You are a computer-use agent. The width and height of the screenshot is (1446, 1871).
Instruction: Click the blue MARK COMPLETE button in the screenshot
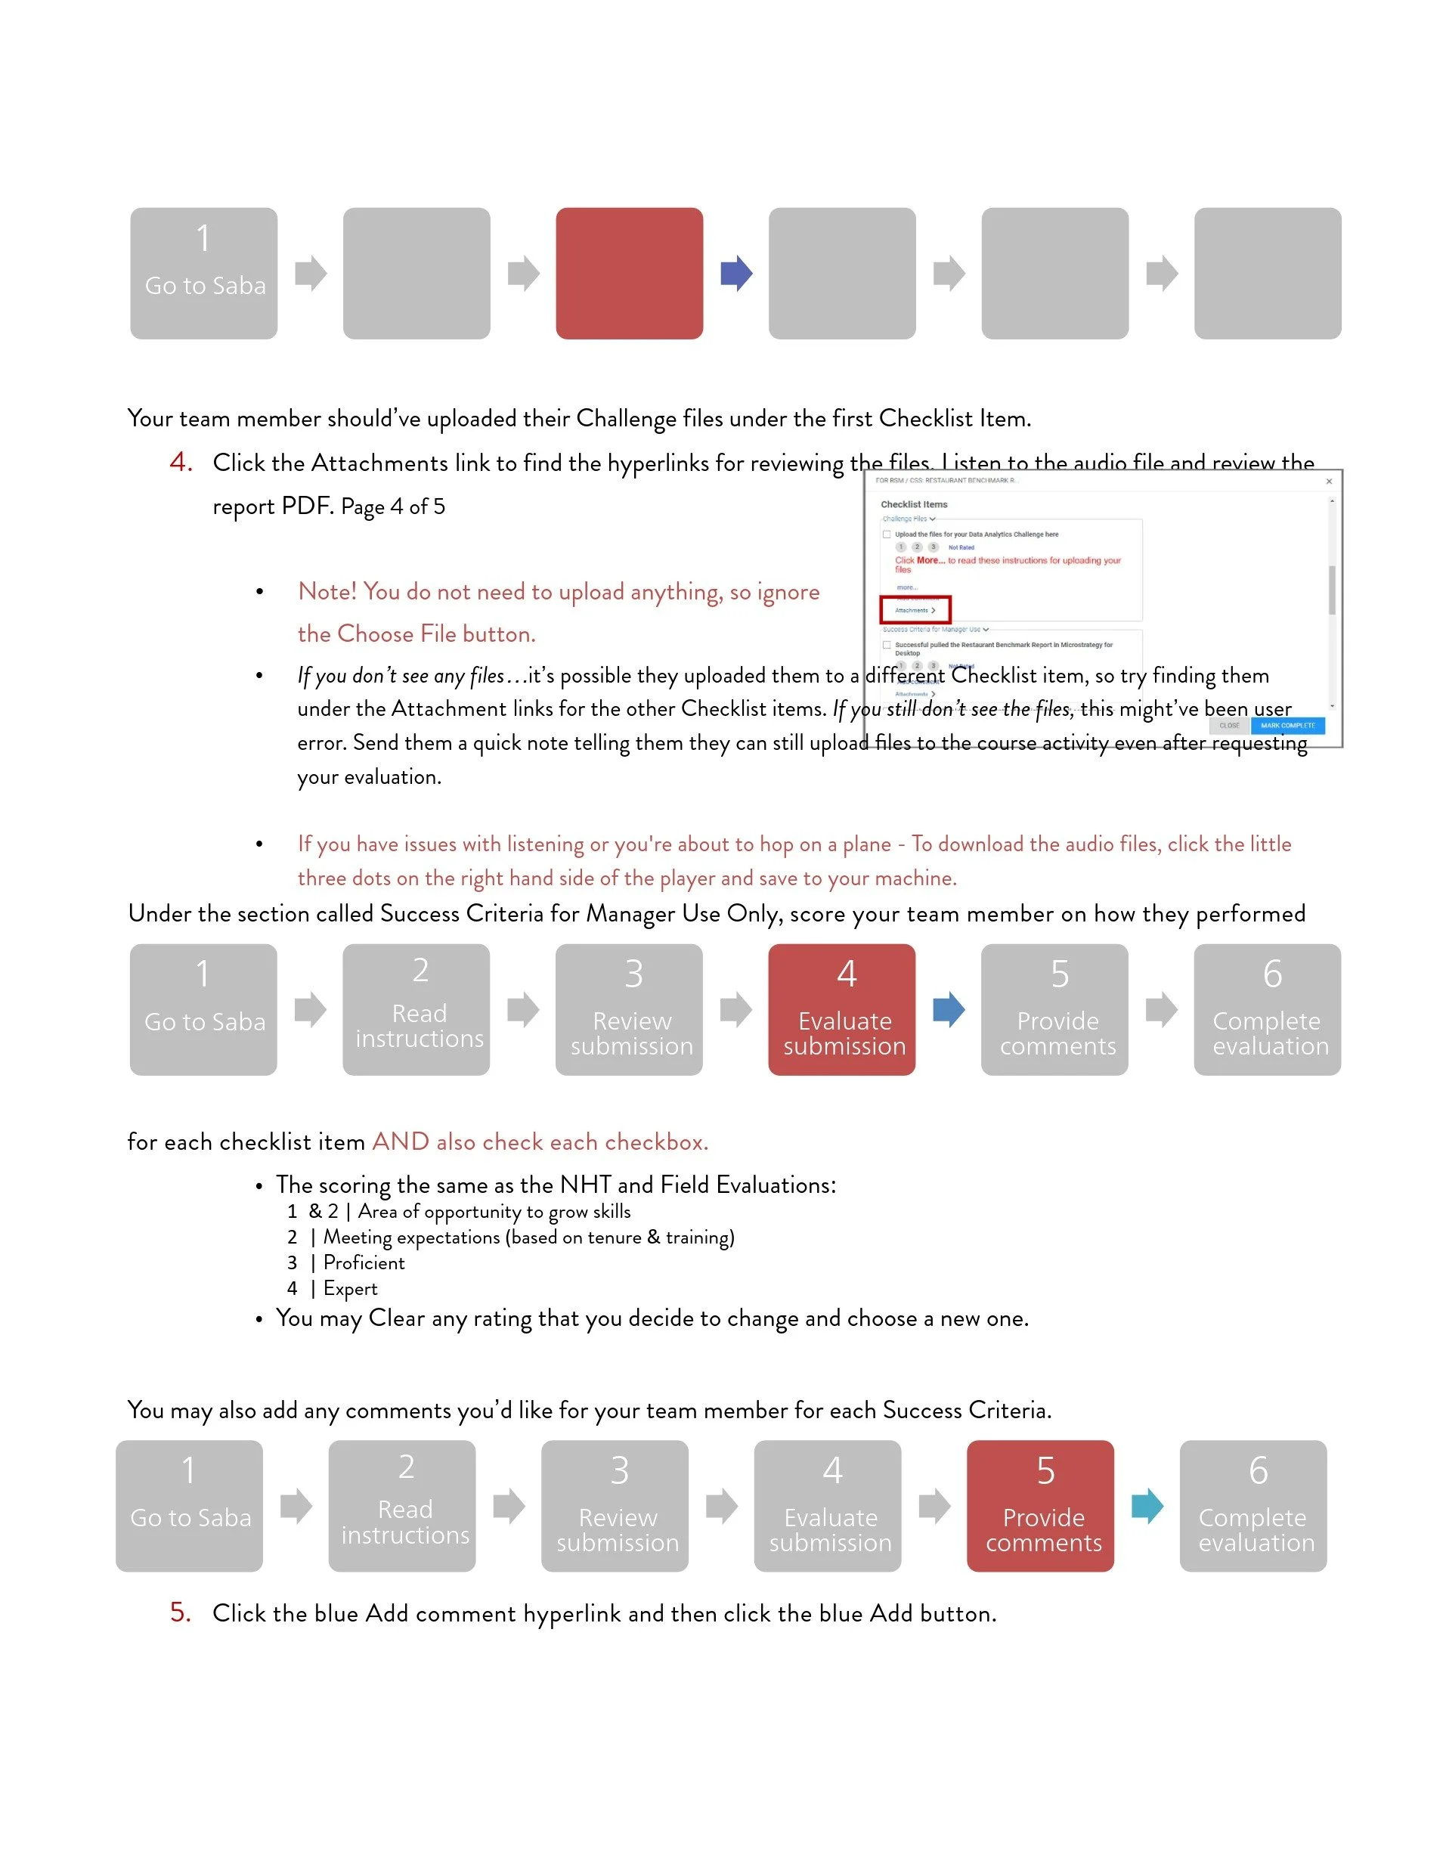tap(1287, 726)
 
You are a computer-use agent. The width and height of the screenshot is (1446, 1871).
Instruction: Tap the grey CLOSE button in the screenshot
tap(1229, 726)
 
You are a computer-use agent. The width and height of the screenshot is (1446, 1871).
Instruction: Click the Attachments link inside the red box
tap(914, 610)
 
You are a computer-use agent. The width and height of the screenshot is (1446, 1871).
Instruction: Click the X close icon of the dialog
tap(1329, 482)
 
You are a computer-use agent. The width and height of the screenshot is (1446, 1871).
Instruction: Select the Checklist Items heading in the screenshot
tap(914, 504)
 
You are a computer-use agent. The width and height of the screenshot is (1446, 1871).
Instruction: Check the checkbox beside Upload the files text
tap(887, 534)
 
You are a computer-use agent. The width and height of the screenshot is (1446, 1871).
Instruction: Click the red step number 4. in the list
tap(181, 463)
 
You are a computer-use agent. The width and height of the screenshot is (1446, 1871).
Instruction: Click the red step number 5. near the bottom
tap(181, 1612)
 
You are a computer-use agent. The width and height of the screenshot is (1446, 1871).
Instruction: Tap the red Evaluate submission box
tap(842, 1009)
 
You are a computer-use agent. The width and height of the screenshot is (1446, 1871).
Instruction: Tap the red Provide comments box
tap(1041, 1505)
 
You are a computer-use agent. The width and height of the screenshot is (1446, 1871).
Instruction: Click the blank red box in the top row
tap(630, 274)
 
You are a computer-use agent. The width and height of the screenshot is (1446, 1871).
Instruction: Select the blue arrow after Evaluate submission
tap(949, 1009)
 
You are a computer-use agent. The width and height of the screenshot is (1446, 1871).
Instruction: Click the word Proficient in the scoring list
tap(364, 1262)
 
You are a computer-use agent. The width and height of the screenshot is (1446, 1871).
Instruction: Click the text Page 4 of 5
tap(392, 507)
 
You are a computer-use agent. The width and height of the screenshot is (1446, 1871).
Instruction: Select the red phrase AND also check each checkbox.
tap(540, 1142)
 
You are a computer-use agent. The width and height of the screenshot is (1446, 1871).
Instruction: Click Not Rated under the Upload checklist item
tap(961, 547)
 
